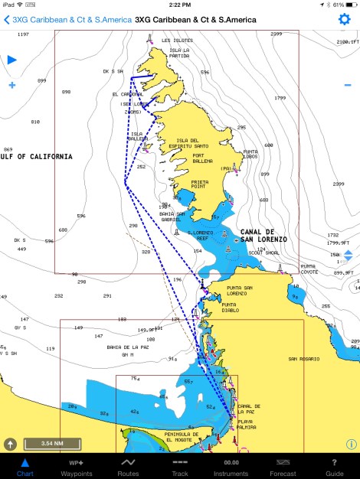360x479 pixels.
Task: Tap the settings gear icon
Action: (344, 20)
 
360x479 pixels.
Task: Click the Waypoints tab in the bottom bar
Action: (76, 468)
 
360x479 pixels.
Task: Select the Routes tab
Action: (128, 468)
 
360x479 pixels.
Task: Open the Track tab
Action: (180, 468)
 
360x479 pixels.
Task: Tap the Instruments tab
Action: (231, 468)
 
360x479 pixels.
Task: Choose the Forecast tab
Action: (283, 468)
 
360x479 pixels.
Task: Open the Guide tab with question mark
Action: (334, 468)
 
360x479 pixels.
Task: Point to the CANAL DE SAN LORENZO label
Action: (263, 235)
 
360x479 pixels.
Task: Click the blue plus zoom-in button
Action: (12, 86)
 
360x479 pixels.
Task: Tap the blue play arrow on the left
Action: (12, 59)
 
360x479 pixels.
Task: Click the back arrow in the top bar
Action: (7, 20)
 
